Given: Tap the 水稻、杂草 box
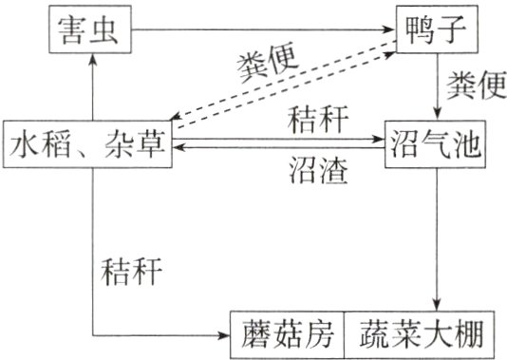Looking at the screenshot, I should click(87, 148).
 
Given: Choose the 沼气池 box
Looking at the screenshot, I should click(434, 148).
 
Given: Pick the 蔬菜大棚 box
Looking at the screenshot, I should click(419, 333).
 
